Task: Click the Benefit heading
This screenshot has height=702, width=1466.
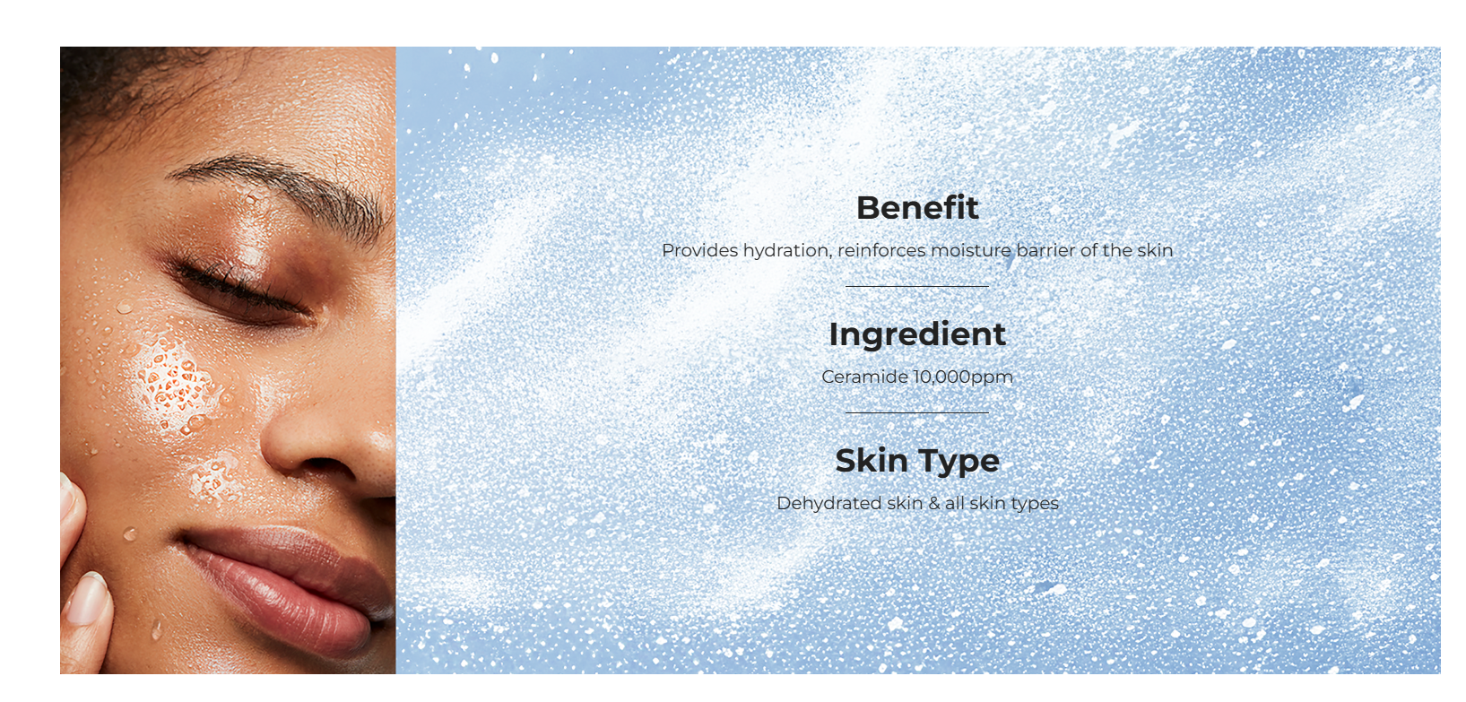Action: click(917, 208)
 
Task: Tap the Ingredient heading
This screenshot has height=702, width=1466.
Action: click(917, 335)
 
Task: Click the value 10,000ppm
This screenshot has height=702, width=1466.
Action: click(963, 378)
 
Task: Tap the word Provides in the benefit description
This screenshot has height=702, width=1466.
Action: click(699, 250)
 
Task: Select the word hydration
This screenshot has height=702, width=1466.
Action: click(788, 251)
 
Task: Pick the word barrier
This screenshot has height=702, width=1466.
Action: click(1045, 250)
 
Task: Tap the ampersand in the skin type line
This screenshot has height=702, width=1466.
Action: click(934, 504)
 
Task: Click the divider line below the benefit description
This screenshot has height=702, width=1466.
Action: click(917, 286)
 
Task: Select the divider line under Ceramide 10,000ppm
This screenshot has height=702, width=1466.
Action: click(917, 412)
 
